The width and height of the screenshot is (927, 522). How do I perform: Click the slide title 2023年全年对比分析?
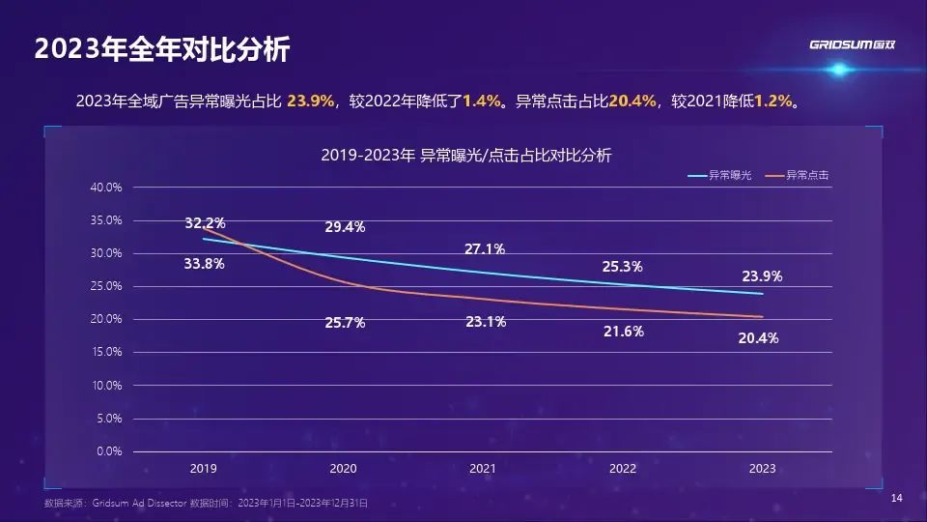161,50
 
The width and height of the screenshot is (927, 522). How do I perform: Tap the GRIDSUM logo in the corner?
853,44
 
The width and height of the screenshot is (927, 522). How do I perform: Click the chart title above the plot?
466,155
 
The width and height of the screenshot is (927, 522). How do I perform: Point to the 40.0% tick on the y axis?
106,188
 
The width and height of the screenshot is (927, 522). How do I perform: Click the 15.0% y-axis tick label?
106,352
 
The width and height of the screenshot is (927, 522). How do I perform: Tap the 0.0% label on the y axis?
109,451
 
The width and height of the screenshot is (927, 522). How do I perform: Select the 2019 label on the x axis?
203,469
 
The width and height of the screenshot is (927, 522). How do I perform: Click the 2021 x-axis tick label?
483,469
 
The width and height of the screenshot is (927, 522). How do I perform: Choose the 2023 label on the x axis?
762,469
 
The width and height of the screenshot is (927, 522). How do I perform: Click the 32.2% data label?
204,223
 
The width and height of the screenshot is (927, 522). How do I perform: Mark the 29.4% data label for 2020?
344,227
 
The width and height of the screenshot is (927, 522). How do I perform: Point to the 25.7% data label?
345,323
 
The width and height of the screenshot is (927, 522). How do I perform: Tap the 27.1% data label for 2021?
485,249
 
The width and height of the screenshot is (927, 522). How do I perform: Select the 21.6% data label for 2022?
623,331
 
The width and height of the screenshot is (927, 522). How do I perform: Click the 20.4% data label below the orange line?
759,338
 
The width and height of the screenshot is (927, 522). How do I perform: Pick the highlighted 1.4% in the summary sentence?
482,101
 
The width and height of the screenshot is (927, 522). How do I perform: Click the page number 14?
896,498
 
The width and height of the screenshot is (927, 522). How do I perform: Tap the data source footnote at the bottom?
206,504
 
